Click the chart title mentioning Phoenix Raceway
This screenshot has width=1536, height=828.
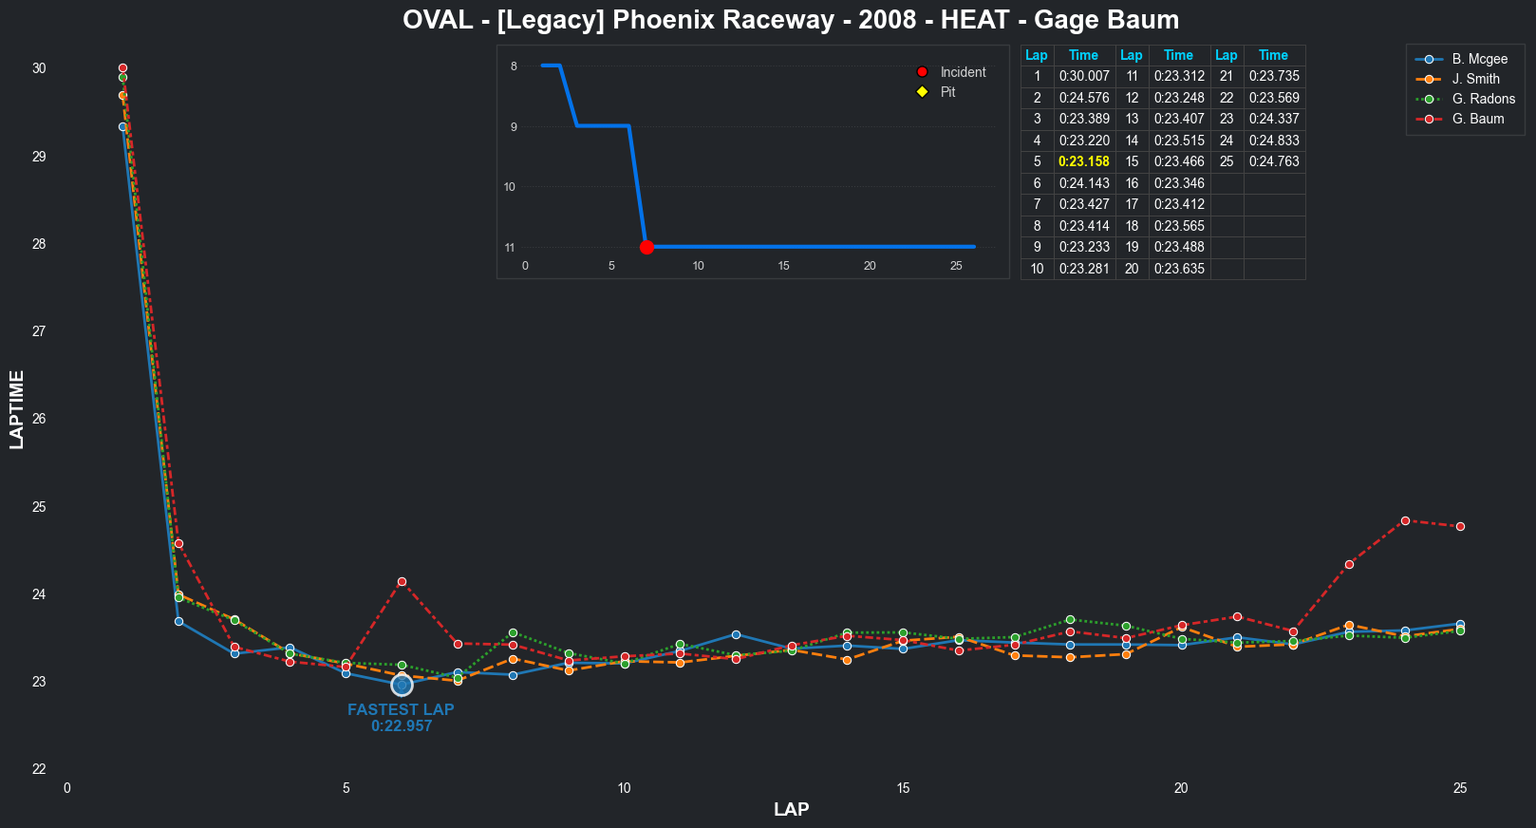[x=791, y=20]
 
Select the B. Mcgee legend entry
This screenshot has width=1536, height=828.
[x=1479, y=59]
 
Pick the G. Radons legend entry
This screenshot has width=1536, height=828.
[x=1483, y=99]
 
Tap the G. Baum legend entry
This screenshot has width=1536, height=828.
[x=1477, y=119]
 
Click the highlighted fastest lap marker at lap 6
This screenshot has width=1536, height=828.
[x=402, y=685]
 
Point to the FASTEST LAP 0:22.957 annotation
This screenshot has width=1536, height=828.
[x=401, y=718]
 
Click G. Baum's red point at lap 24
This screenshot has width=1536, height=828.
[x=1405, y=520]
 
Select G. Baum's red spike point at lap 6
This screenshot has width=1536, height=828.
[x=402, y=581]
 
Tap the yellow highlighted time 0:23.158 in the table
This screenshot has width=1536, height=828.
[x=1083, y=161]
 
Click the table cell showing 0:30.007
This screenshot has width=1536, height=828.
[x=1083, y=76]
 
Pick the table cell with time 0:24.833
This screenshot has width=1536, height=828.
[x=1273, y=141]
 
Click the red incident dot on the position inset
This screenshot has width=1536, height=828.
[x=646, y=247]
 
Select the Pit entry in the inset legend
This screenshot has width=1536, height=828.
[x=947, y=92]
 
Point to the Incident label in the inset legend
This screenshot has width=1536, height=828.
[x=963, y=72]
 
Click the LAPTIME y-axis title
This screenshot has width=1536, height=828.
[x=17, y=409]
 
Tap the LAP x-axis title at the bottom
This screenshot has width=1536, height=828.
[x=791, y=809]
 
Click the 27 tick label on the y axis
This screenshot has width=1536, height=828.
[x=39, y=331]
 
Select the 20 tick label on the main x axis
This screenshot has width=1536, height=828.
[x=1181, y=788]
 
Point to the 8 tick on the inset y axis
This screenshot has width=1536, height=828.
[x=514, y=66]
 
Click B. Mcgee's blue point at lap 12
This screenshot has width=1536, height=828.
[x=736, y=634]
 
